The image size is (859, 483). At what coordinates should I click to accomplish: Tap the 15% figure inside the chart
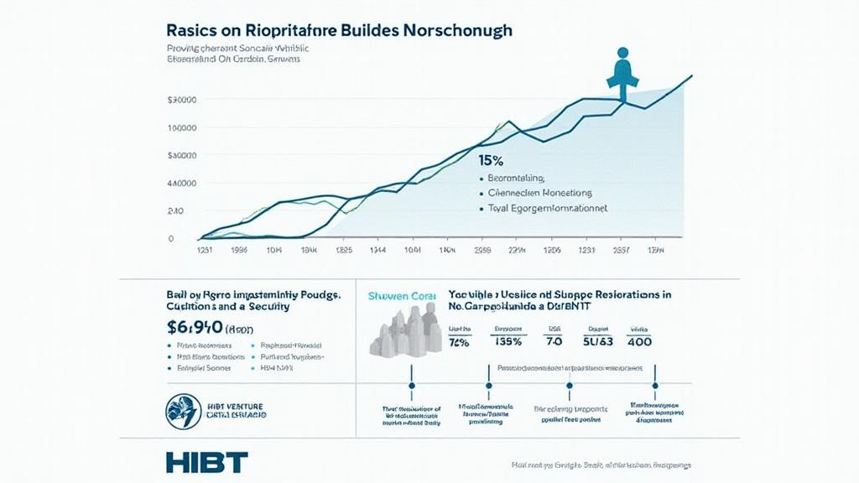[x=491, y=159]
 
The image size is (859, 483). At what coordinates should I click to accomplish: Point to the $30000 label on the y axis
[x=182, y=100]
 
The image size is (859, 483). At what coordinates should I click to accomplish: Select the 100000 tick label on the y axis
[x=182, y=127]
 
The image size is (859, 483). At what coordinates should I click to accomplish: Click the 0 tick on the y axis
[x=171, y=238]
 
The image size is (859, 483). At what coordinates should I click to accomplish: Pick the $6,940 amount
[x=195, y=326]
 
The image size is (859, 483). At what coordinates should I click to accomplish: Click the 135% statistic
[x=508, y=341]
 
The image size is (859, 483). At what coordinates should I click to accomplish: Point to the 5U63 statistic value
[x=597, y=341]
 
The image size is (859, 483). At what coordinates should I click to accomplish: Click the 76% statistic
[x=460, y=341]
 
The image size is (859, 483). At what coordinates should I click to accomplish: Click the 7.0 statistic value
[x=554, y=341]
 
